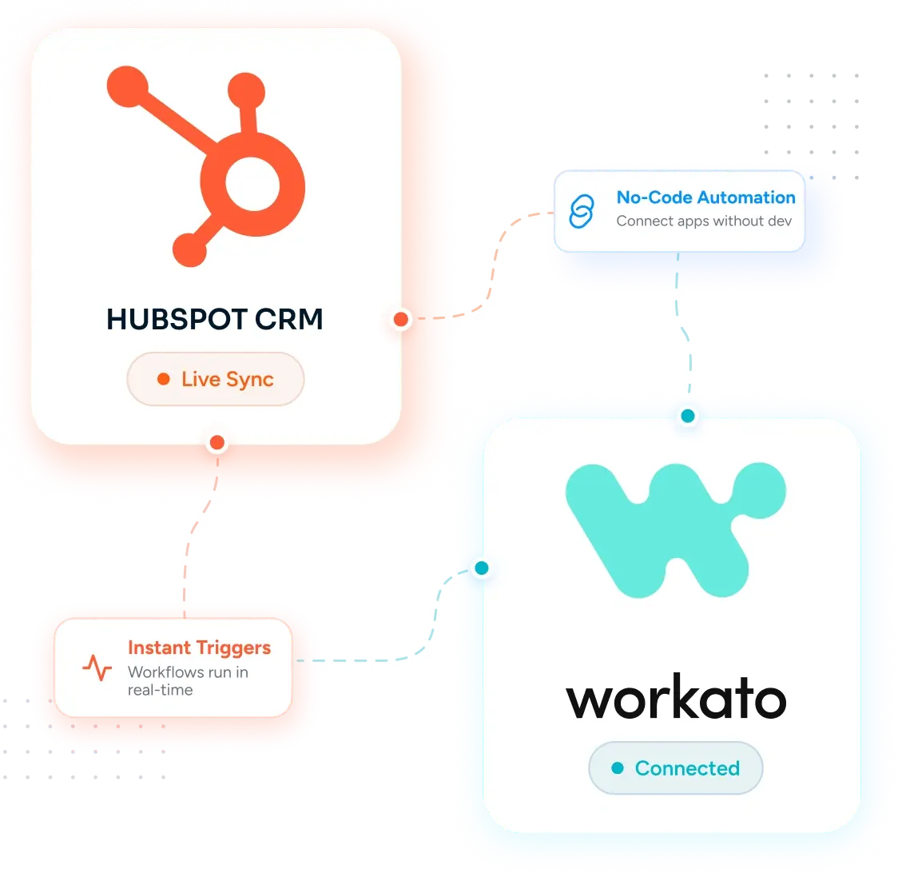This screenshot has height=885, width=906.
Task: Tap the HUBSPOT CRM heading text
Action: point(214,319)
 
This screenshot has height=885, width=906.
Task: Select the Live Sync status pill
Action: point(216,379)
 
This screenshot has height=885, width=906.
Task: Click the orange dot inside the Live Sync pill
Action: point(164,379)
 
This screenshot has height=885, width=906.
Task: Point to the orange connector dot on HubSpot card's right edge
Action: point(401,319)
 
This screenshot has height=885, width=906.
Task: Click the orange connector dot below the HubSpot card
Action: point(217,443)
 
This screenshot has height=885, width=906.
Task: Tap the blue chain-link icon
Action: point(582,211)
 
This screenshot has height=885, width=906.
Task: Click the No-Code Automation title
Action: point(705,197)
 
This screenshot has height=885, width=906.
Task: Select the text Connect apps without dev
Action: point(704,221)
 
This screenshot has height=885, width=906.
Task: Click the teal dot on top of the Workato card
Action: point(688,416)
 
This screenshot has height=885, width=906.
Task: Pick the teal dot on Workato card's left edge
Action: point(482,568)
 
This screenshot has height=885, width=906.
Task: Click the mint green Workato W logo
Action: point(675,530)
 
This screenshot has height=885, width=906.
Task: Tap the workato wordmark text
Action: point(676,696)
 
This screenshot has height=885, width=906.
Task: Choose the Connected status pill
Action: point(675,768)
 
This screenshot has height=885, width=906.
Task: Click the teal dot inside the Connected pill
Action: point(618,768)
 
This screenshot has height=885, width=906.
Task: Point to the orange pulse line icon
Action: point(97,668)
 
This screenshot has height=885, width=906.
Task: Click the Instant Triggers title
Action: point(200,648)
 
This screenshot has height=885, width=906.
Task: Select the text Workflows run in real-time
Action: point(188,681)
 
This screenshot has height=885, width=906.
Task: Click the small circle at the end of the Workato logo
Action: point(759,490)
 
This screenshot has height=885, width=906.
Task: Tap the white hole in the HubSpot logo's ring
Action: point(252,185)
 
